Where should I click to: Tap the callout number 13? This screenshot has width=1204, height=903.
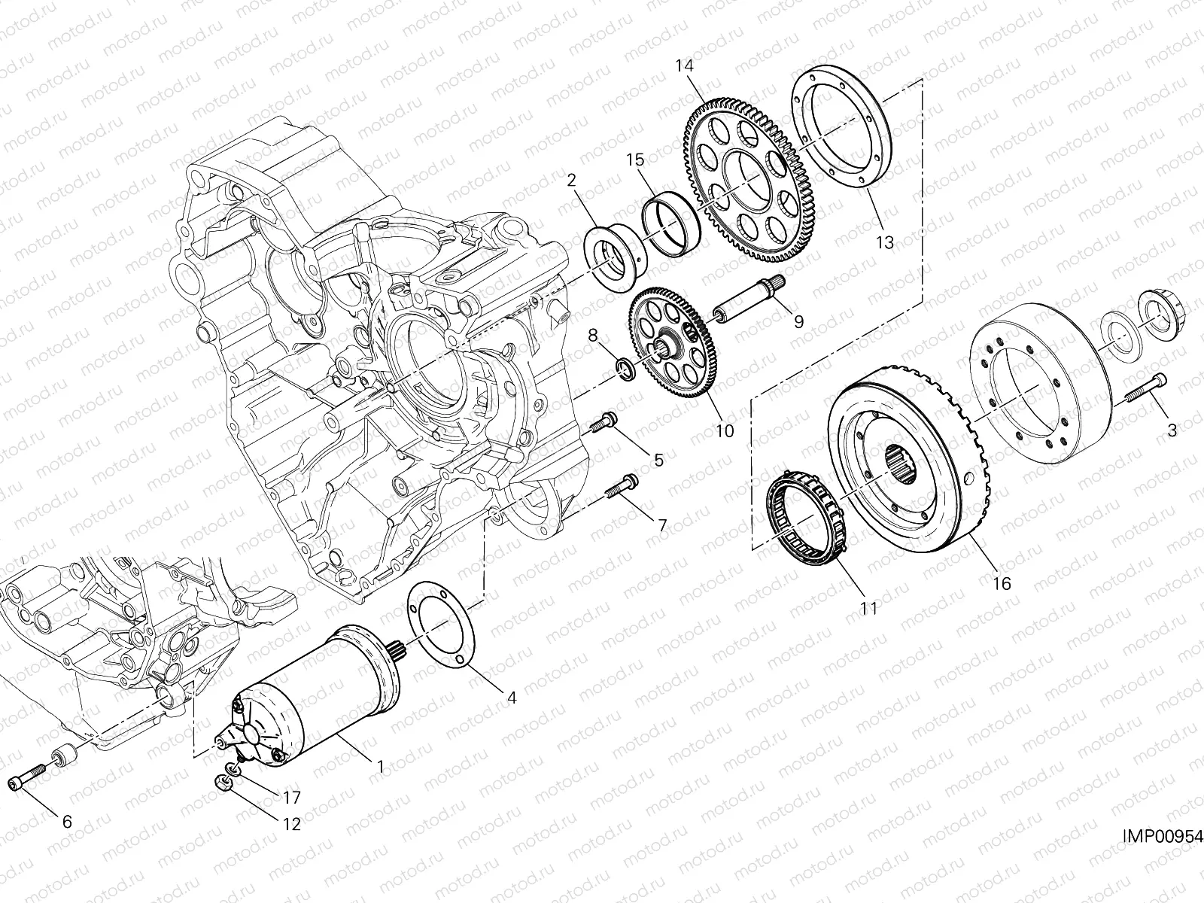click(x=885, y=242)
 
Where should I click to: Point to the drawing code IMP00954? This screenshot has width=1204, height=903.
click(x=1163, y=837)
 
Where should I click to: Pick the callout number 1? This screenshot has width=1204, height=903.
click(x=380, y=766)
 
